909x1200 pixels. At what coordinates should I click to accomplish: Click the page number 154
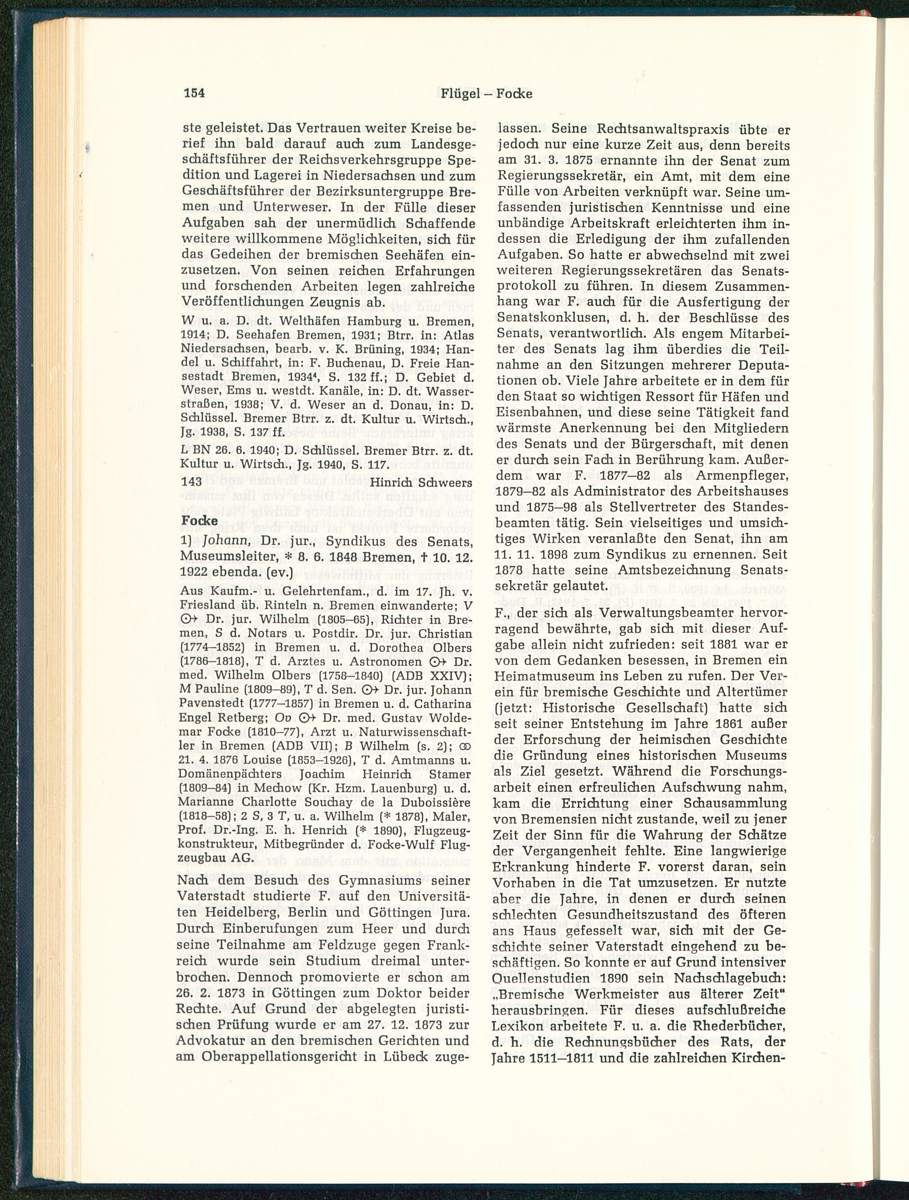194,93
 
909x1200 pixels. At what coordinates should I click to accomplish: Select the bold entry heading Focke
200,520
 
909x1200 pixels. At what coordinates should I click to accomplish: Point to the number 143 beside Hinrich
190,481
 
